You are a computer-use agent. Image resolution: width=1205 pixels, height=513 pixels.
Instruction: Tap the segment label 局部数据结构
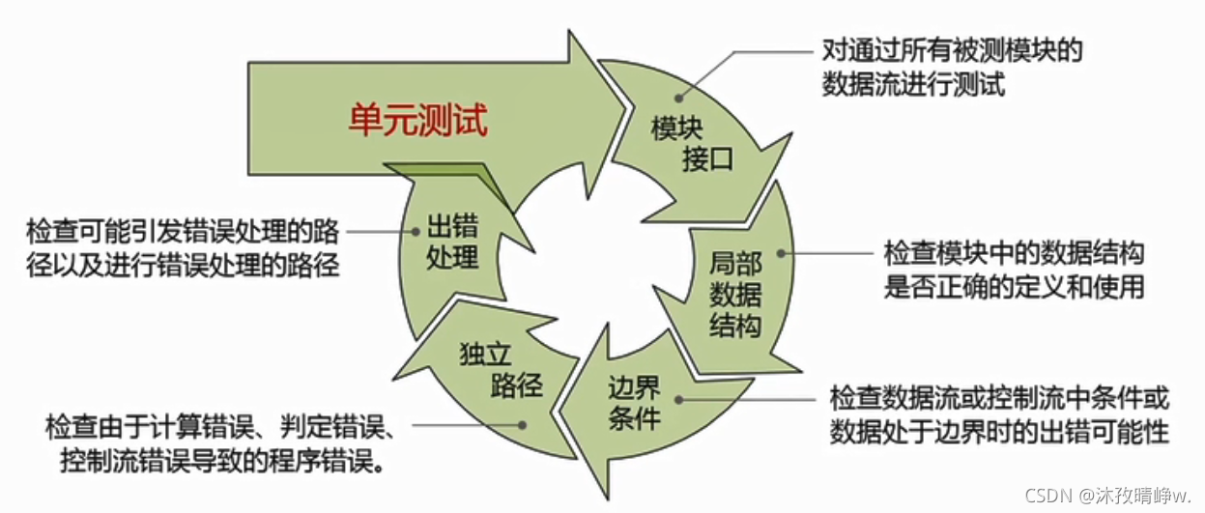coord(734,294)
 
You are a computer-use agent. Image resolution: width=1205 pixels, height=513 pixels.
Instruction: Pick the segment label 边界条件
coord(634,404)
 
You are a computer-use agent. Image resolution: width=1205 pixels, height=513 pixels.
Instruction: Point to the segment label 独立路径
coord(500,371)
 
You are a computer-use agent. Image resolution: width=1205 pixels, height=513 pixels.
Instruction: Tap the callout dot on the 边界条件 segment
coord(681,399)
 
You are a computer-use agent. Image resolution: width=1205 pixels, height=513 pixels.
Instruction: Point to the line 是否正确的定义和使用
coord(1015,287)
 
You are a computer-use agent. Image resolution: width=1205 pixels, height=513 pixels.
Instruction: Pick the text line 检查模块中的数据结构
coord(1015,253)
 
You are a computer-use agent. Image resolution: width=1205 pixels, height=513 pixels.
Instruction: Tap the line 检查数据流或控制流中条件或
coord(999,397)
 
